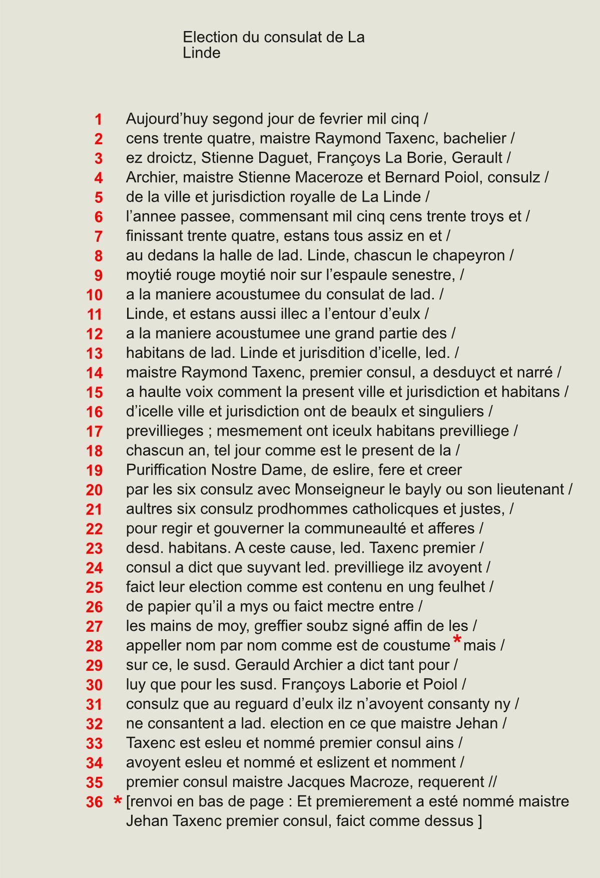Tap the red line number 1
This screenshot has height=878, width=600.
98,120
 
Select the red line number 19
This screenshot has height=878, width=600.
94,471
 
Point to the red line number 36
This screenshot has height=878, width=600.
94,802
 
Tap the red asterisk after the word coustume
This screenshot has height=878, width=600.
456,640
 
